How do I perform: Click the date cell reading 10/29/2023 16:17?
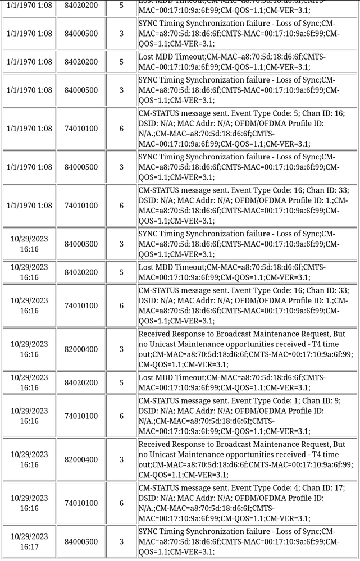click(x=29, y=541)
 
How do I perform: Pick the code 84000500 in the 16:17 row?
click(x=81, y=541)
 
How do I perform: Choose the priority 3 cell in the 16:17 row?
click(x=121, y=541)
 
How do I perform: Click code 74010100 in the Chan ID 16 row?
click(x=81, y=129)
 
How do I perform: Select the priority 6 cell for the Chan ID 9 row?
click(x=121, y=416)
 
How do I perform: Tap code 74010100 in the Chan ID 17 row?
click(x=81, y=503)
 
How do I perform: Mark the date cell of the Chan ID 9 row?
click(x=29, y=416)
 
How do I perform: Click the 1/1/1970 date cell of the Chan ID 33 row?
click(x=29, y=206)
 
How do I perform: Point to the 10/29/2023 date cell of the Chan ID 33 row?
click(x=29, y=305)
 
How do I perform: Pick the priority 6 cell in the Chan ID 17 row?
click(x=121, y=503)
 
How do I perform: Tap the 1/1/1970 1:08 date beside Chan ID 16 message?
click(x=29, y=129)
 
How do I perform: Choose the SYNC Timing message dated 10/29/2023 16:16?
click(x=239, y=244)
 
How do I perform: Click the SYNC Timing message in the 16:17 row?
click(x=239, y=541)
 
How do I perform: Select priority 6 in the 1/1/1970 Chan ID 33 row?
click(x=121, y=206)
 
